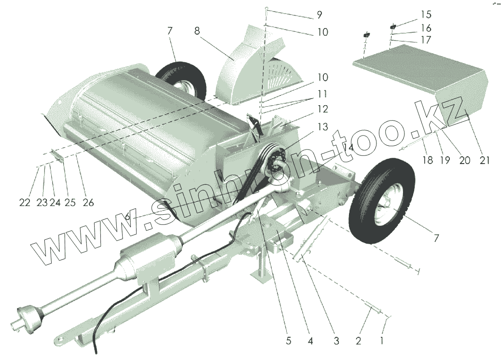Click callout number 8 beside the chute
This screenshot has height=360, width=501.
coord(197,31)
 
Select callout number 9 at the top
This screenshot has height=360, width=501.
coord(319,15)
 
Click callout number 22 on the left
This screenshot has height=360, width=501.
coord(25,203)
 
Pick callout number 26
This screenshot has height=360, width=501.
coord(87,203)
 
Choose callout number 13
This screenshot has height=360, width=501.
coord(321,127)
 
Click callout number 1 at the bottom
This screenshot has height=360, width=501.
coord(382,341)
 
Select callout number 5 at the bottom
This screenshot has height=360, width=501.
coord(289,341)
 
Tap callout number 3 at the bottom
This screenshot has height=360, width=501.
coord(336,341)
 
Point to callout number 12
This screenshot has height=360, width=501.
coord(321,109)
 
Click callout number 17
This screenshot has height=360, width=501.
coord(426,40)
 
